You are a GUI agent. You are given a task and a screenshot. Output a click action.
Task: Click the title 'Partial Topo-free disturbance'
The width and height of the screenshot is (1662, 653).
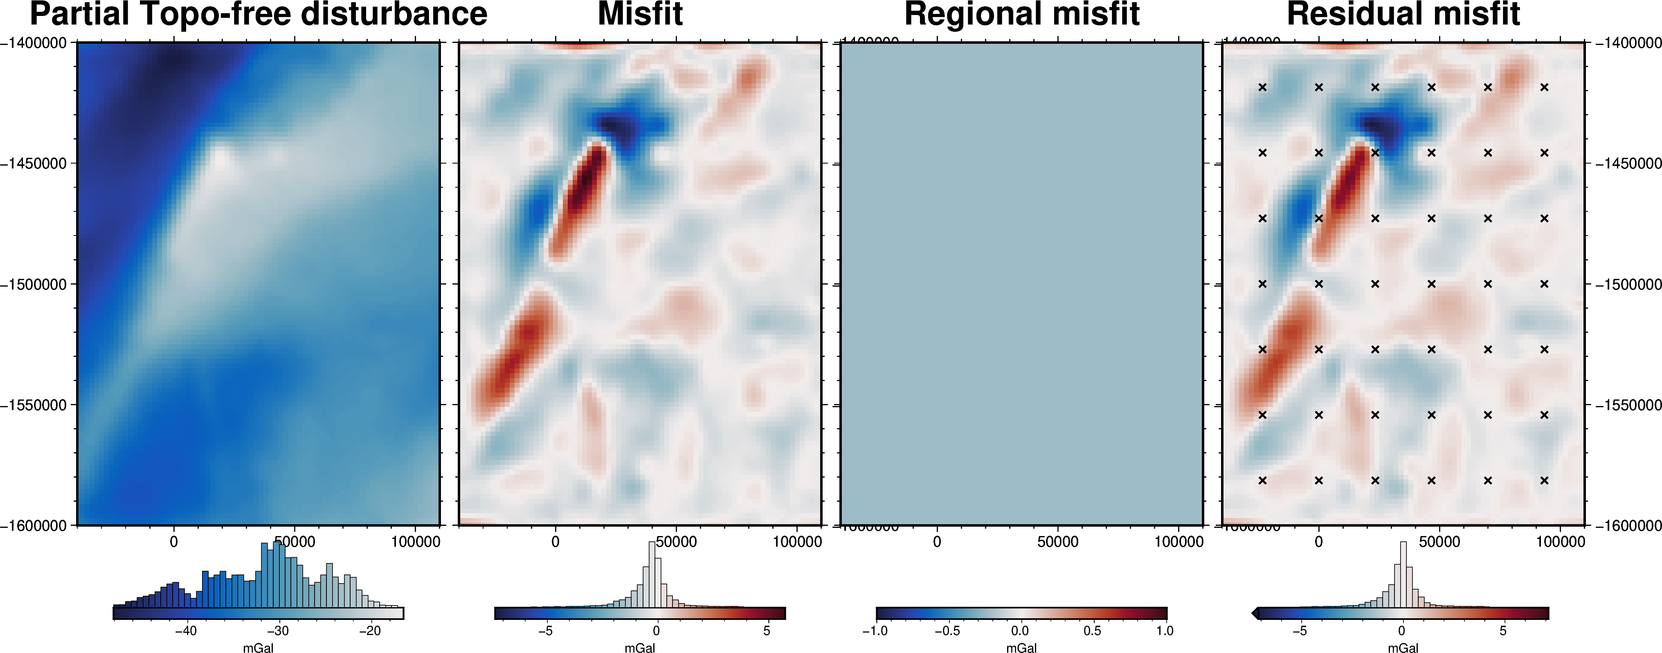tap(258, 14)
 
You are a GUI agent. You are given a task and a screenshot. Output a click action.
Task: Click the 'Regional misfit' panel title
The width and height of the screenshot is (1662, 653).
tap(1022, 14)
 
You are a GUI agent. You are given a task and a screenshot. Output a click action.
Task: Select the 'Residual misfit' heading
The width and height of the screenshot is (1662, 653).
tap(1403, 14)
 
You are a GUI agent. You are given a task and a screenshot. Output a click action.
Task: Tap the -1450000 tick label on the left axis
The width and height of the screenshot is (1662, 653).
tap(34, 164)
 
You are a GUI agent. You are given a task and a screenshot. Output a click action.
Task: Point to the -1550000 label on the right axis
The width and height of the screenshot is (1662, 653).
tap(1628, 405)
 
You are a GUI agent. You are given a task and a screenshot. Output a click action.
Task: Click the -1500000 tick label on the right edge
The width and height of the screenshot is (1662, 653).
tap(1628, 284)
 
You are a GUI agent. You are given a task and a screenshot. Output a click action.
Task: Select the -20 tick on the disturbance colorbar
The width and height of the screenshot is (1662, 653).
tap(370, 631)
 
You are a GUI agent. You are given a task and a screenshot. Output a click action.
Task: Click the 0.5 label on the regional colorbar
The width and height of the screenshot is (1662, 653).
tap(1092, 631)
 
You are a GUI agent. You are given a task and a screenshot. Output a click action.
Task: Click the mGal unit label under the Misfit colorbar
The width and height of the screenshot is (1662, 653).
tap(639, 648)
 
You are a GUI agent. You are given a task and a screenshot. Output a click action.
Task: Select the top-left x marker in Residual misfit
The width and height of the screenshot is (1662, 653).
tap(1263, 87)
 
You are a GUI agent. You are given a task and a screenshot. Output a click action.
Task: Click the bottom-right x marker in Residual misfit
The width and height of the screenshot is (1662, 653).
tap(1544, 480)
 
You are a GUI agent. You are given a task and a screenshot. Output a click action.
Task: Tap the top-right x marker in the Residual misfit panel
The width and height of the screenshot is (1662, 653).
tap(1544, 87)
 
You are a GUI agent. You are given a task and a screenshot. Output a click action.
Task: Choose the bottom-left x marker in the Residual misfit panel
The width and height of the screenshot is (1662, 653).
tap(1263, 480)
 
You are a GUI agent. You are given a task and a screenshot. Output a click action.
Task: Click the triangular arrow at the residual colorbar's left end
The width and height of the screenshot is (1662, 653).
tap(1255, 613)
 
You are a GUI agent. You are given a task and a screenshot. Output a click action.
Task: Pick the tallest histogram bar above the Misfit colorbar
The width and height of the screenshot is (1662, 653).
tap(652, 574)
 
